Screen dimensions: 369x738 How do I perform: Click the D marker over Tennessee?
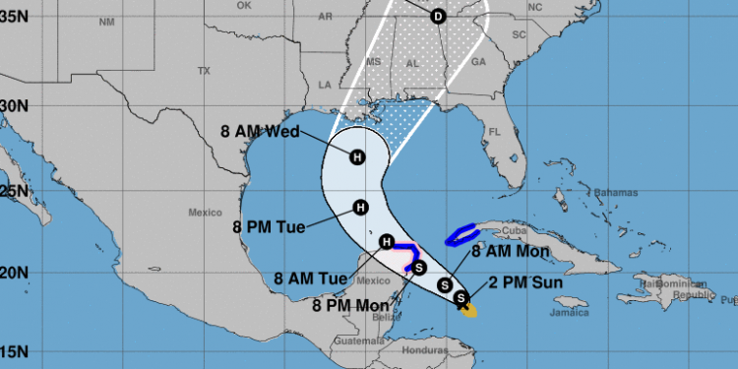[x=438, y=16]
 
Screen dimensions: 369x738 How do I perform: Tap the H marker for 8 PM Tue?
[x=360, y=207]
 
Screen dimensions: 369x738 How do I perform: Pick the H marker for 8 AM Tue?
[x=387, y=242]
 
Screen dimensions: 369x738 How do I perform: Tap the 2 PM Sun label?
[x=511, y=285]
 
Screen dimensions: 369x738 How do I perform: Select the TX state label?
[x=205, y=71]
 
